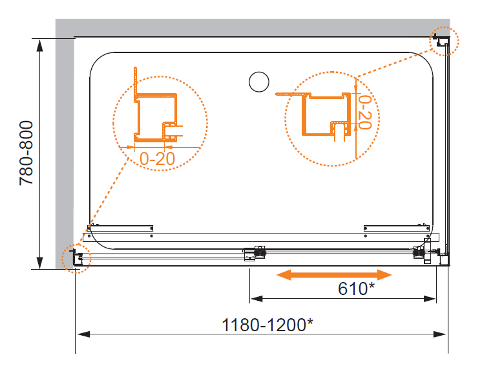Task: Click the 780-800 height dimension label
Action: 26,153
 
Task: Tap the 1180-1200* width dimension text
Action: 267,325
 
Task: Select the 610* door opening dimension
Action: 356,288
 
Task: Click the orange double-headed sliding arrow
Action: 334,275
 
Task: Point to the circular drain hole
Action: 259,82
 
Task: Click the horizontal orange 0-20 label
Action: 157,158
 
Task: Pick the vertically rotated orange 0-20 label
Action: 365,112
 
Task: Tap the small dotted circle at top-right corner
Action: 444,41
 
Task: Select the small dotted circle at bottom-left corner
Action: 76,258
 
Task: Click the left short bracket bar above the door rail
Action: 120,228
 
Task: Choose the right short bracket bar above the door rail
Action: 397,228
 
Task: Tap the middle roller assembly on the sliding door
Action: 255,253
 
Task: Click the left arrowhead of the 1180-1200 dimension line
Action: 83,334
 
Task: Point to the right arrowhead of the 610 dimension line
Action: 430,299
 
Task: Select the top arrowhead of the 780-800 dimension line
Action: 39,45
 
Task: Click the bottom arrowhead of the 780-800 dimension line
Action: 39,262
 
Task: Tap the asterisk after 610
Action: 372,285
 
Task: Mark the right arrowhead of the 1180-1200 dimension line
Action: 440,334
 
